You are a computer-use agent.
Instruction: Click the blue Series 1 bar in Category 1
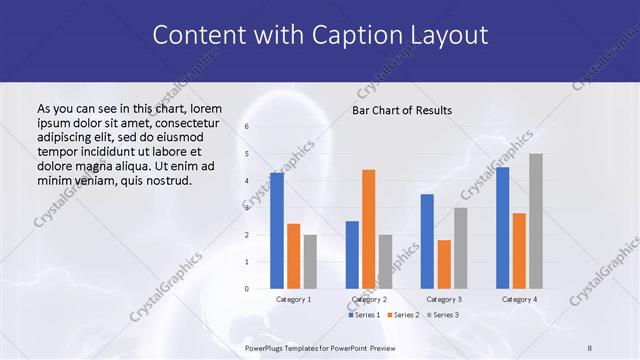277,231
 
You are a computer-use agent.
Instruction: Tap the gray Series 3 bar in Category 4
536,221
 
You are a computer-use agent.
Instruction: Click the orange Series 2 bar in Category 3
444,264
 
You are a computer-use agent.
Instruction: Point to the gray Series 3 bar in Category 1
310,262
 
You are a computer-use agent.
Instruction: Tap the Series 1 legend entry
364,315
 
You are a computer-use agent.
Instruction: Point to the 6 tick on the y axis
247,127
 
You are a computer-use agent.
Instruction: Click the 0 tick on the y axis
247,289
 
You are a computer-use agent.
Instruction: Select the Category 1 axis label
293,299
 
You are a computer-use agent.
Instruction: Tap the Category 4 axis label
519,299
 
